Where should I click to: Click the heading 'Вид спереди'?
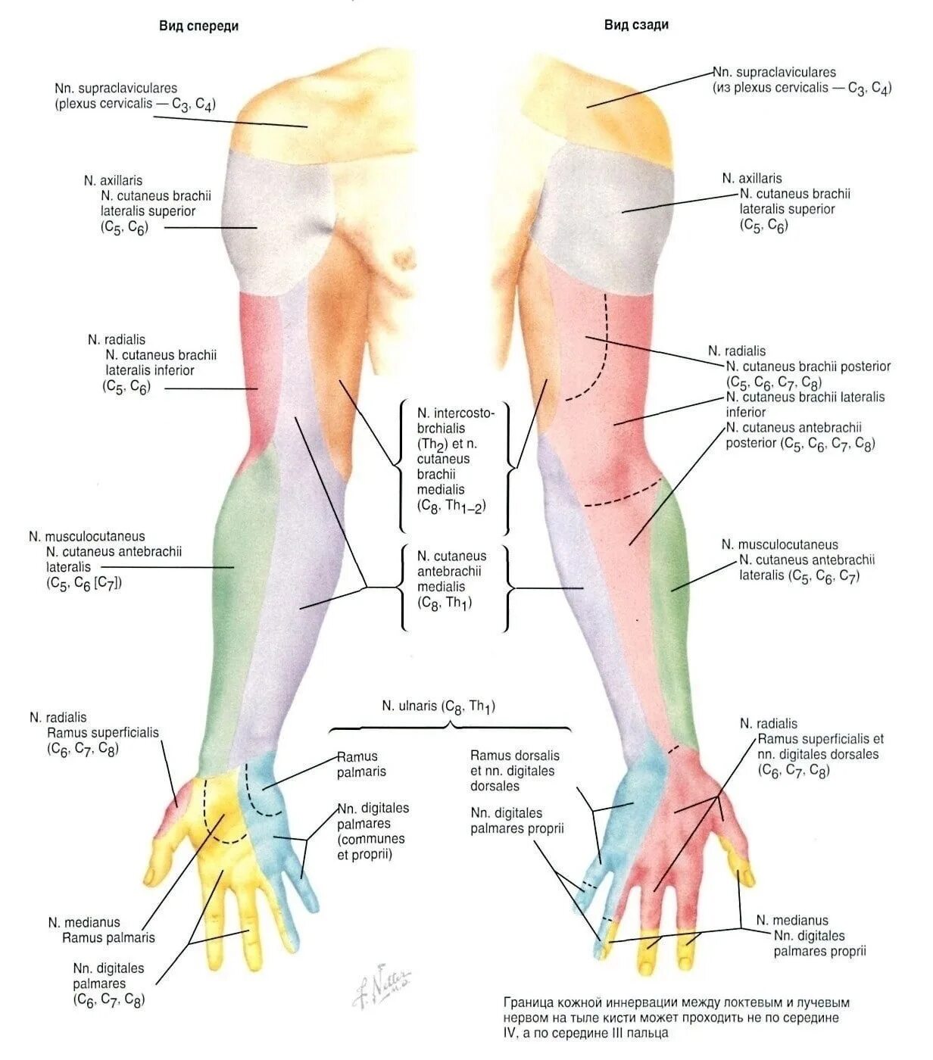click(198, 26)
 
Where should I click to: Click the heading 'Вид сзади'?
click(636, 24)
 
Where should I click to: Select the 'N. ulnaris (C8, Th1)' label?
click(438, 706)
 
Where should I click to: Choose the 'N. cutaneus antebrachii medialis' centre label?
click(452, 579)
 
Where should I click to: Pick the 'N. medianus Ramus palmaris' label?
click(101, 930)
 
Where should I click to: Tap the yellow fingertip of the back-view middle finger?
click(649, 956)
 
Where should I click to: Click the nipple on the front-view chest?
click(399, 258)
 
